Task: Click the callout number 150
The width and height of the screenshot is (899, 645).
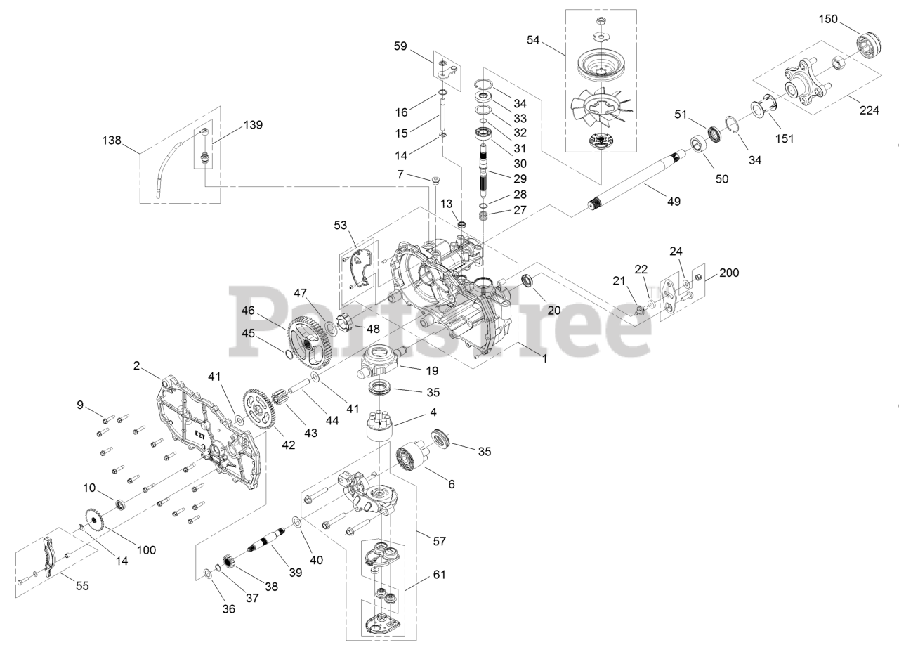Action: [x=828, y=19]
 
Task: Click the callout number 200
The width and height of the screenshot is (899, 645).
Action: [x=728, y=273]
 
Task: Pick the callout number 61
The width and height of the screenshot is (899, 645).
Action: [x=440, y=574]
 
